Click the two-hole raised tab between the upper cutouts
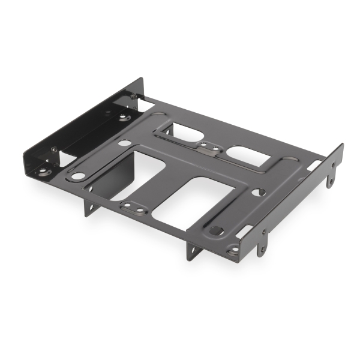(208, 146)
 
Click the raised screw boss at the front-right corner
(233, 250)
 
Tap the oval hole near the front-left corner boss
(78, 176)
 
